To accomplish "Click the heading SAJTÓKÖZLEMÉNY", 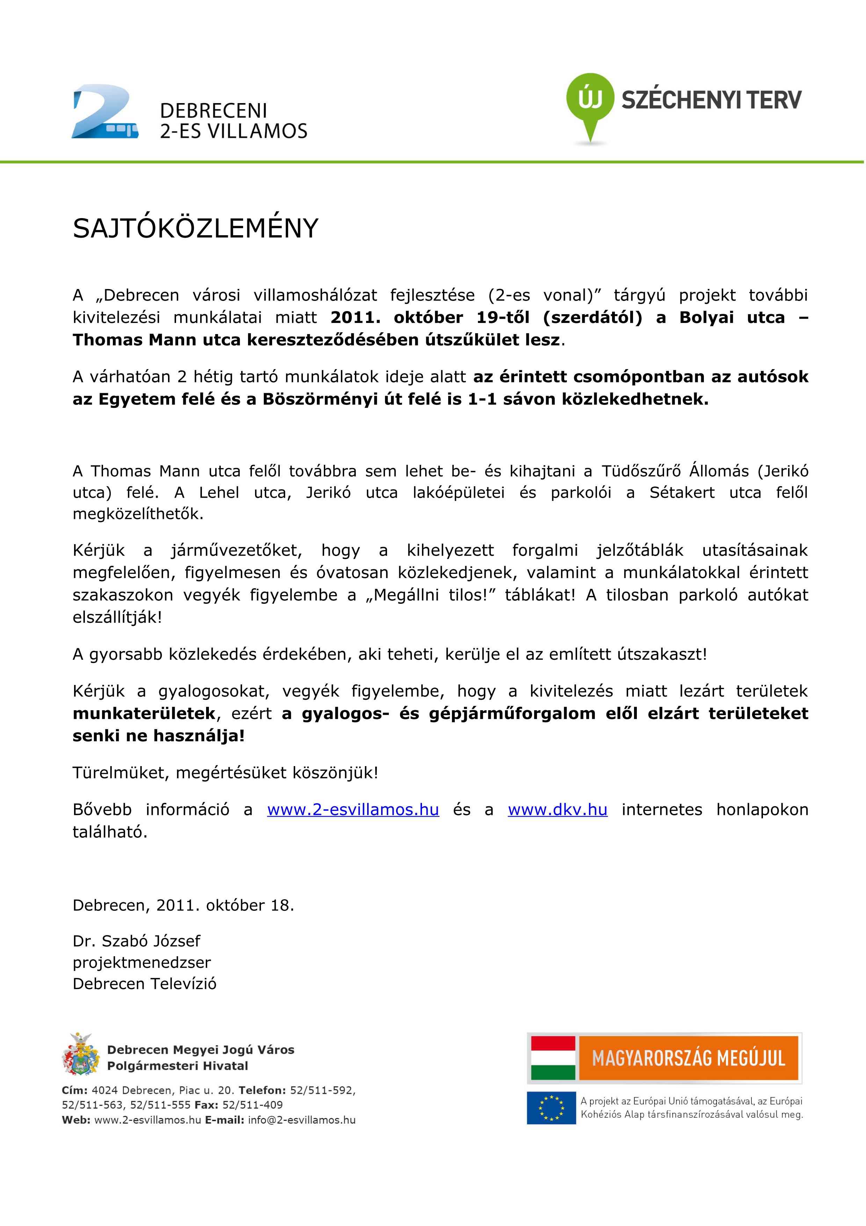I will coord(195,229).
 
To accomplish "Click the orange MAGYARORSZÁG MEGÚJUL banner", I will coord(688,1058).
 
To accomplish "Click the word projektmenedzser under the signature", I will coord(142,962).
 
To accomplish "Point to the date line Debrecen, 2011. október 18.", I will coord(183,906).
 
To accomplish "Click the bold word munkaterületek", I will coord(144,713).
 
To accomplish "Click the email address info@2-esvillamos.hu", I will coord(301,1120).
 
